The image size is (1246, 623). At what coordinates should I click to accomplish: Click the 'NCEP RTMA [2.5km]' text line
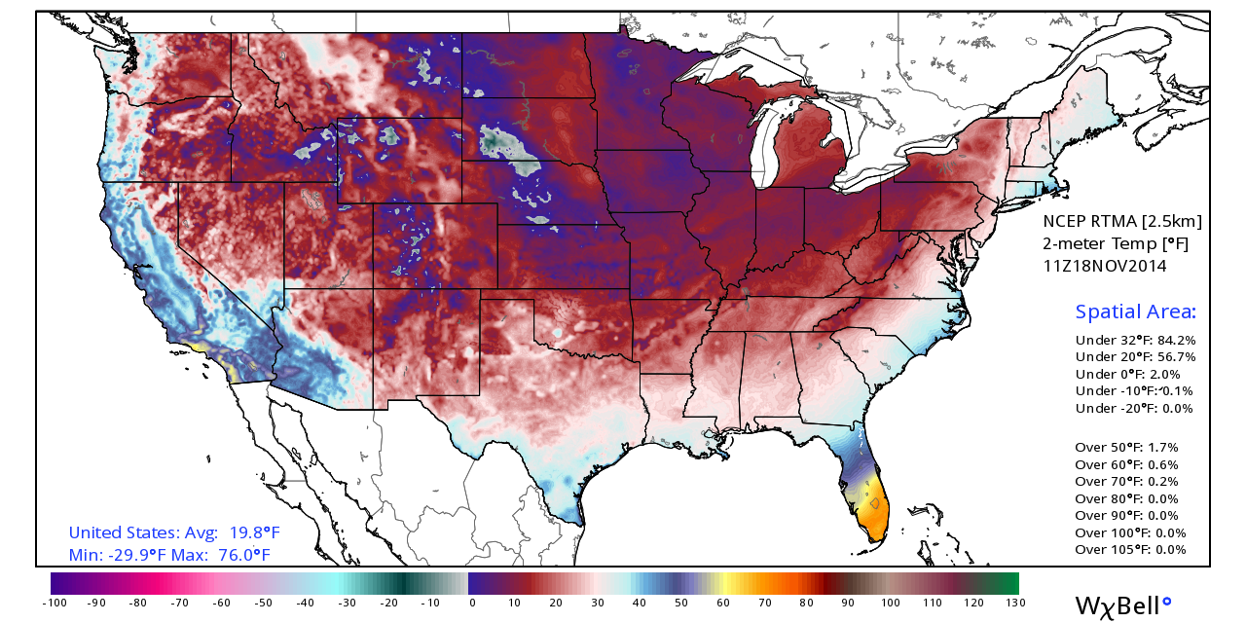[x=1122, y=221]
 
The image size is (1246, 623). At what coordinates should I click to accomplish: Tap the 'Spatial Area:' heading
[x=1135, y=312]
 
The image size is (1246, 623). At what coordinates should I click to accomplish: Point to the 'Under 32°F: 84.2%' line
[x=1135, y=341]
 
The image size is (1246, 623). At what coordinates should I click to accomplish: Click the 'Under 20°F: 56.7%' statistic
[x=1135, y=357]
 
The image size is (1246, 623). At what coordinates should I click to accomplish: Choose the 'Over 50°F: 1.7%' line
[x=1126, y=448]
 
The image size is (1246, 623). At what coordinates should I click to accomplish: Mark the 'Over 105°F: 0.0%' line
[x=1130, y=550]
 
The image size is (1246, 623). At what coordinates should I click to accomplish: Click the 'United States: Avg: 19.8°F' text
[x=174, y=532]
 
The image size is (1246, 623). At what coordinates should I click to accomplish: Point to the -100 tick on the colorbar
[x=54, y=604]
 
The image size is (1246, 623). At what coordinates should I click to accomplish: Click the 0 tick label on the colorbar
[x=472, y=604]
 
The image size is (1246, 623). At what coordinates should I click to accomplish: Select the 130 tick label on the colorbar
[x=1015, y=604]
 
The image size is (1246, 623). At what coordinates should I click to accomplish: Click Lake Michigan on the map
[x=768, y=146]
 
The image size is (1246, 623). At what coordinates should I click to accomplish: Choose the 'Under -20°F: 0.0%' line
[x=1133, y=409]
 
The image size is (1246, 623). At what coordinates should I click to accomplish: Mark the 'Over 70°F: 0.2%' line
[x=1126, y=482]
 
